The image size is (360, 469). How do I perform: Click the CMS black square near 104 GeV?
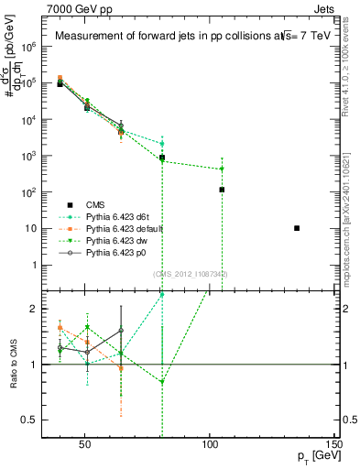(x=222, y=190)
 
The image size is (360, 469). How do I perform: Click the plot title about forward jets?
(x=182, y=36)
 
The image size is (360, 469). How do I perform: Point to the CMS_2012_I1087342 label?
(x=191, y=274)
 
